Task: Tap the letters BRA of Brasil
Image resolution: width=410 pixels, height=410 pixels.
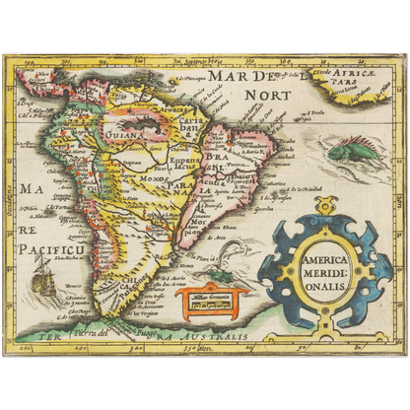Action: (214, 156)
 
